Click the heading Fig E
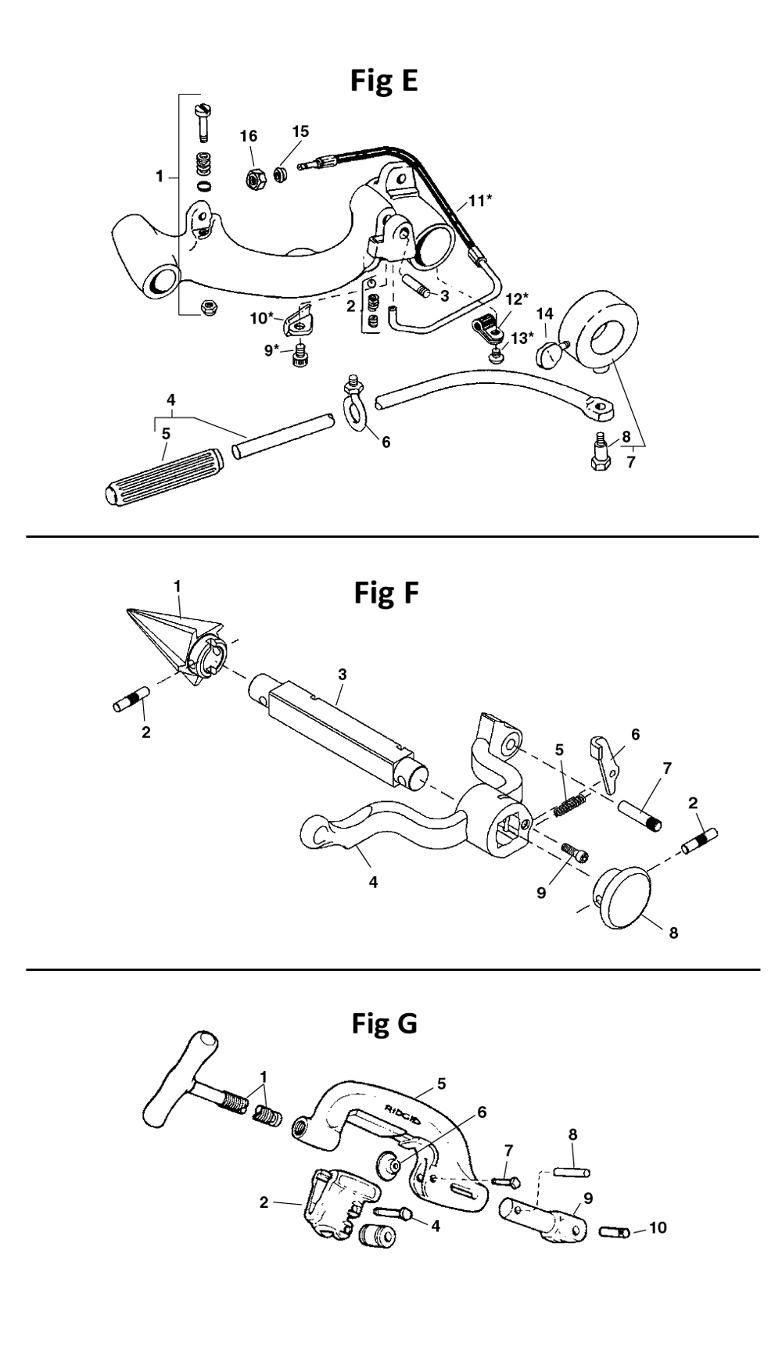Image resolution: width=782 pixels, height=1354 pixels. [383, 81]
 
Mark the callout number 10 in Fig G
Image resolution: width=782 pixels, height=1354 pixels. [658, 1227]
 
